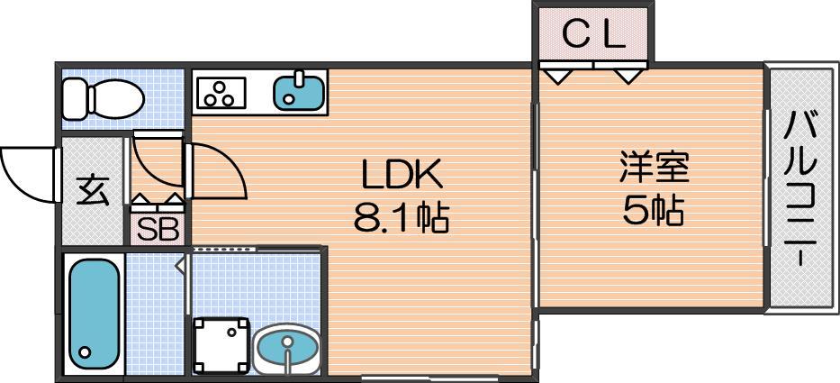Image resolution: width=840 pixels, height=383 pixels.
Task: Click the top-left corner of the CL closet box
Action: point(532,2)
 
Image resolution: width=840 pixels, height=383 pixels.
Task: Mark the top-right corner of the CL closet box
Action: point(654,2)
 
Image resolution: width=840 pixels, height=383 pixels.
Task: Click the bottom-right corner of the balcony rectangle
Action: point(838,314)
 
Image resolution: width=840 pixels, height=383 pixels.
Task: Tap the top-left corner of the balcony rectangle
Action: point(765,63)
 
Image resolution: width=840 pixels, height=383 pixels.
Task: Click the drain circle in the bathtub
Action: point(85,352)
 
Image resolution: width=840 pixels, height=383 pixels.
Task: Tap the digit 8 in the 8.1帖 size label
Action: point(364,217)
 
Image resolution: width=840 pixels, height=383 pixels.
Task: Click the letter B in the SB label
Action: point(168,230)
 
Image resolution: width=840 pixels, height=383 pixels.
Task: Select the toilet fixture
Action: point(104,99)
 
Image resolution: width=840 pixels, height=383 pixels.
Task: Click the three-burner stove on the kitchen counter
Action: point(221,92)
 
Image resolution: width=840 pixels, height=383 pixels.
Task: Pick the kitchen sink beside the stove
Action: point(298,91)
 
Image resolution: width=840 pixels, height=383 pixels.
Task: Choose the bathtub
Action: point(94,315)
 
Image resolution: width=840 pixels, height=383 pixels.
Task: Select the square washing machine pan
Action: point(221,345)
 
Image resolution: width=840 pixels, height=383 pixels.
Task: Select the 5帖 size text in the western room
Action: point(653,210)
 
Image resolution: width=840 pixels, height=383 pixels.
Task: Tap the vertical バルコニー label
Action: point(801,187)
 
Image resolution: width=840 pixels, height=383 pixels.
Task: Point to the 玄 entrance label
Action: point(93,190)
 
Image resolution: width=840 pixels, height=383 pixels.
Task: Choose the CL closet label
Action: point(594,35)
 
